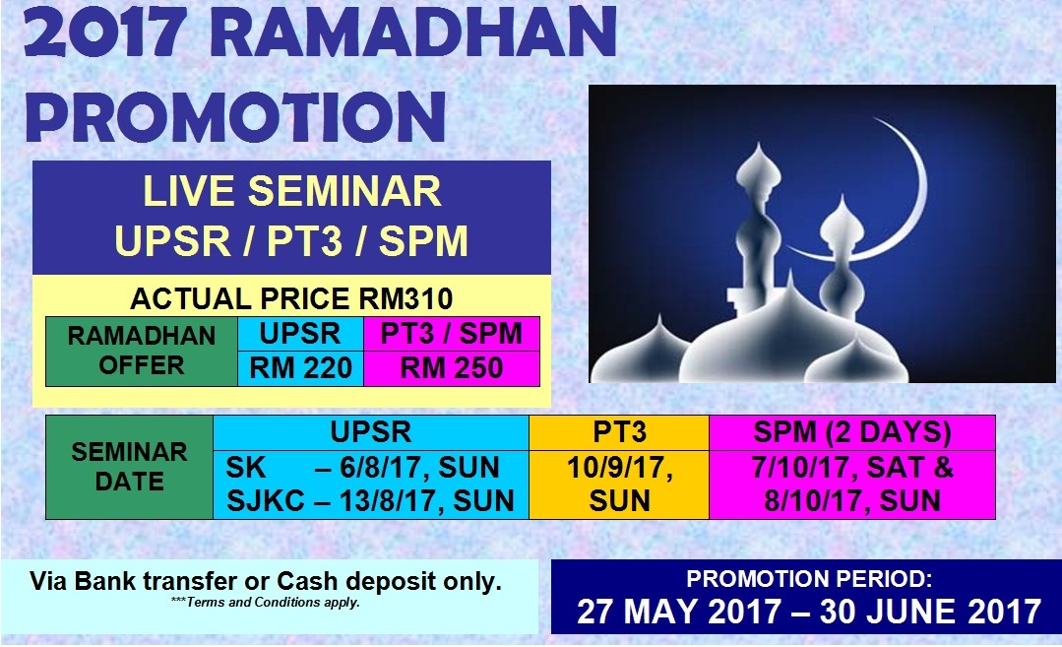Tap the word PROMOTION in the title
pos(235,116)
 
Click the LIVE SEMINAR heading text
pos(292,191)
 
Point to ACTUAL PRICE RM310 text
pos(291,298)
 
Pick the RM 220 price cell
pos(301,368)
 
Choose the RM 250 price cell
pos(452,368)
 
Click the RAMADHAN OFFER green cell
pos(142,351)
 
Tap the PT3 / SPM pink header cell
pos(452,334)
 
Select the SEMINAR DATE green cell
pos(129,467)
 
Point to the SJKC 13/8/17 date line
pos(370,501)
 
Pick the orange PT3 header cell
pos(619,432)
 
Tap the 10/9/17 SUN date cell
pos(619,485)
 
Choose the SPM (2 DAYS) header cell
pos(852,432)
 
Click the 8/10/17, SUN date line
pos(852,501)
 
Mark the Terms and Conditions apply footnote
pos(266,603)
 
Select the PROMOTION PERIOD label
pos(809,579)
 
